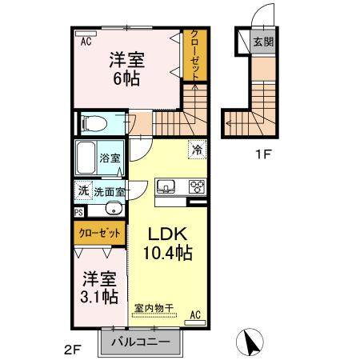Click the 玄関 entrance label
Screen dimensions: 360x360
[x=262, y=42]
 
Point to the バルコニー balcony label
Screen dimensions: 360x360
[x=140, y=342]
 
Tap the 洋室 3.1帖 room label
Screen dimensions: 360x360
[x=100, y=288]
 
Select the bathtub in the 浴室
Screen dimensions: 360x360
[x=86, y=158]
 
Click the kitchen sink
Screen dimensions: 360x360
[x=167, y=186]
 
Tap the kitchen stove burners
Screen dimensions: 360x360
[x=196, y=186]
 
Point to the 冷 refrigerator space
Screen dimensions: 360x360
[x=196, y=149]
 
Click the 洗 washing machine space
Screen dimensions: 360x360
[x=82, y=191]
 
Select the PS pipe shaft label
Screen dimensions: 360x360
[x=78, y=212]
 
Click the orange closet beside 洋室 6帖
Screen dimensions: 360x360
[x=194, y=54]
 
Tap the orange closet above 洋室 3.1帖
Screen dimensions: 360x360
[x=100, y=233]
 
